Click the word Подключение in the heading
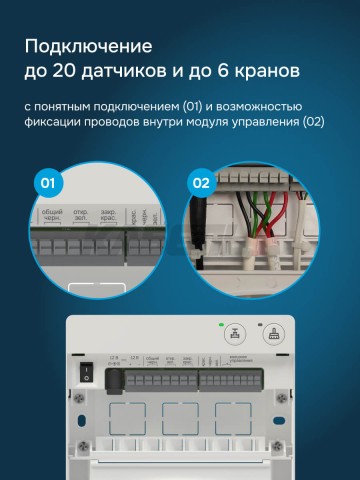(x=89, y=46)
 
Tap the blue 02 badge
(x=200, y=184)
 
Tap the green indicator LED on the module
(x=218, y=326)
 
